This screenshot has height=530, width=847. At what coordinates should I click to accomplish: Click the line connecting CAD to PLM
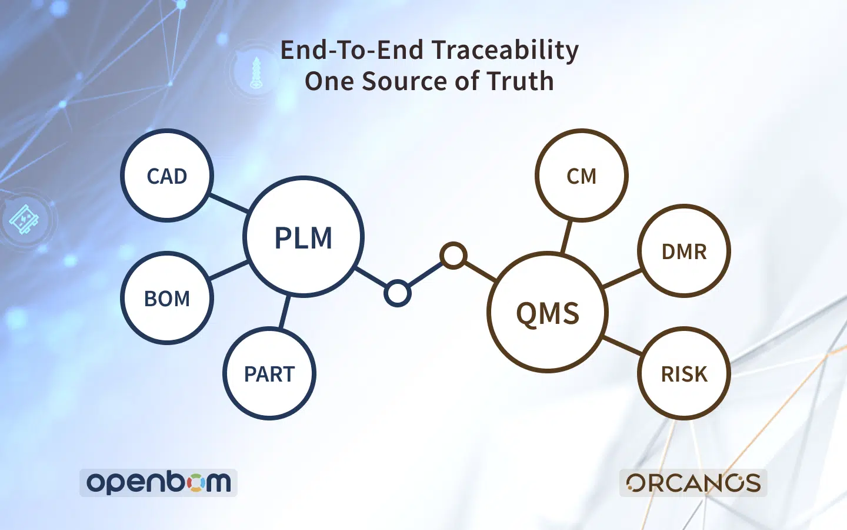228,203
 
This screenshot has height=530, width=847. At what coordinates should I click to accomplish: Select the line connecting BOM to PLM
228,270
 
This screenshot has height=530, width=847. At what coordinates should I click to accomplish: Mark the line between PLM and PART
285,311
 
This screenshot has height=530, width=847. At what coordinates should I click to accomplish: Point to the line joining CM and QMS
566,237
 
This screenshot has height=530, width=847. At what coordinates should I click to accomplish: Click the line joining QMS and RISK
622,345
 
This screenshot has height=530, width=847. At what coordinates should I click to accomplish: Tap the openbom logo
158,483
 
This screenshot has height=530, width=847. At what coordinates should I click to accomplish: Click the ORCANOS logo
693,483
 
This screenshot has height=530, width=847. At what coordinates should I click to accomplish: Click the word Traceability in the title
505,51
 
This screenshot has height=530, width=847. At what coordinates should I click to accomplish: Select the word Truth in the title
519,81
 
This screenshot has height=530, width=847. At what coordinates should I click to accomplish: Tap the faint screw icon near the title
256,72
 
